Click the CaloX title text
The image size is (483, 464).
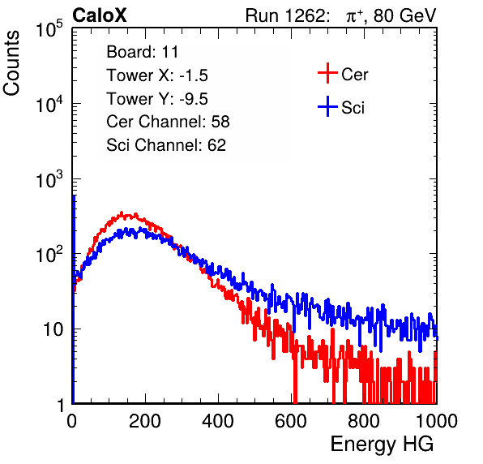pyautogui.click(x=100, y=15)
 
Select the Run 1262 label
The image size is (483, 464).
pyautogui.click(x=285, y=15)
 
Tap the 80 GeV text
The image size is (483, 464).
pyautogui.click(x=405, y=15)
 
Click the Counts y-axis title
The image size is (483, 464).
pyautogui.click(x=11, y=63)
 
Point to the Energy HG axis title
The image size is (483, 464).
pyautogui.click(x=382, y=445)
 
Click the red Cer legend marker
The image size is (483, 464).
pyautogui.click(x=327, y=73)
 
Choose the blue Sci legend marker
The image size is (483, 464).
pyautogui.click(x=327, y=106)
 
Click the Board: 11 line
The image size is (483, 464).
pyautogui.click(x=143, y=52)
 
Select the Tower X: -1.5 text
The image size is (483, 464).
pyautogui.click(x=157, y=75)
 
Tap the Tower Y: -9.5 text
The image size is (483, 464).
pyautogui.click(x=157, y=99)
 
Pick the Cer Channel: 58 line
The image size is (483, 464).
pyautogui.click(x=168, y=122)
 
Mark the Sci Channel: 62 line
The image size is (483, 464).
pyautogui.click(x=166, y=145)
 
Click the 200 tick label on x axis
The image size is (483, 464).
pyautogui.click(x=145, y=421)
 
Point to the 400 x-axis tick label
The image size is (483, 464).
pyautogui.click(x=218, y=421)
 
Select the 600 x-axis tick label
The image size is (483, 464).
pyautogui.click(x=291, y=421)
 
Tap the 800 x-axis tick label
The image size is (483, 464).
pyautogui.click(x=364, y=421)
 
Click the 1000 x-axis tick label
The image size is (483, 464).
pyautogui.click(x=437, y=421)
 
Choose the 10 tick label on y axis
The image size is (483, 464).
pyautogui.click(x=53, y=329)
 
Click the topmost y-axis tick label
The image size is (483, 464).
pyautogui.click(x=49, y=29)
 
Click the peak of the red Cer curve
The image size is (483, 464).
pyautogui.click(x=122, y=213)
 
